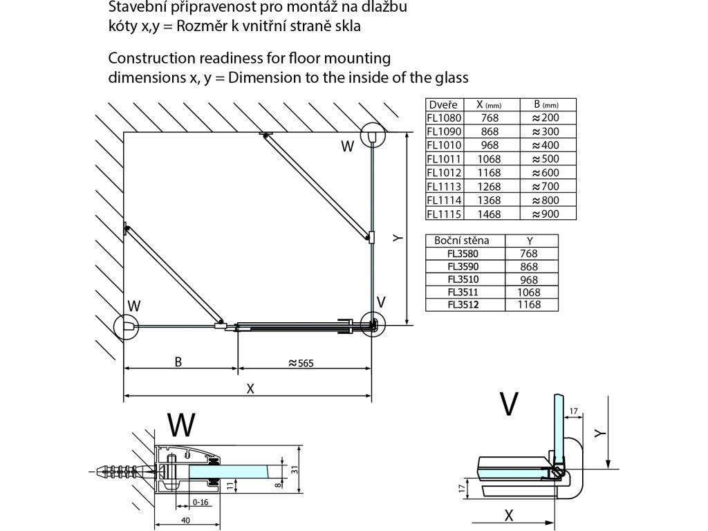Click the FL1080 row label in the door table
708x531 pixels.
coord(441,118)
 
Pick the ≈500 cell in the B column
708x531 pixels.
coord(546,159)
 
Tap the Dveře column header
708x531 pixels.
coord(442,104)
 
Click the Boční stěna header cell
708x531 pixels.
coord(463,241)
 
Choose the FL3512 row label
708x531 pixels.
coord(463,304)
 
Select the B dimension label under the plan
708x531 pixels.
coord(178,361)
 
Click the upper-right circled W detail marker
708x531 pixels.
coord(372,136)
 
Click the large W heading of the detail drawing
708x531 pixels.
coord(181,425)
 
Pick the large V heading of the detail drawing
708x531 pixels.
coord(509,404)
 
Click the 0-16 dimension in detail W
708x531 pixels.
coord(200,502)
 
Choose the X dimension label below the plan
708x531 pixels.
coord(250,388)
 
